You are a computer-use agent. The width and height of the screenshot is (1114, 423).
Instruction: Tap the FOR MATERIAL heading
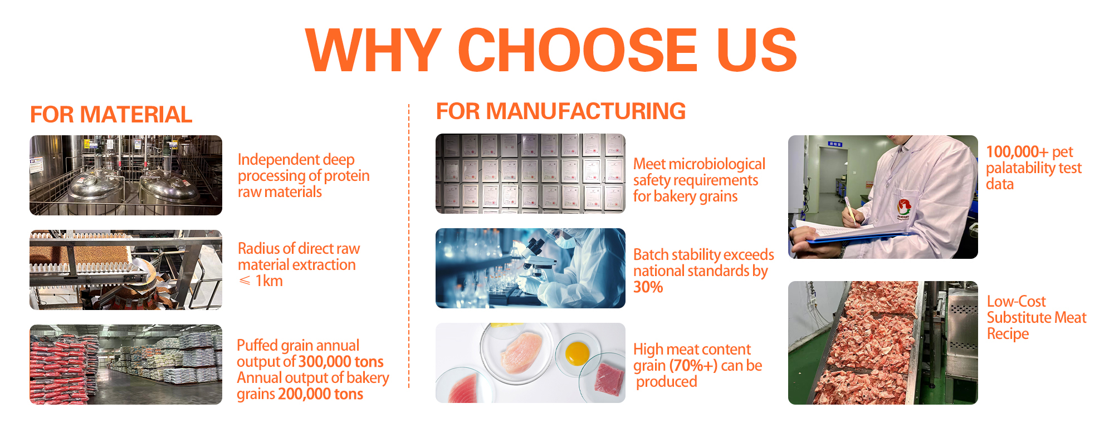[111, 115]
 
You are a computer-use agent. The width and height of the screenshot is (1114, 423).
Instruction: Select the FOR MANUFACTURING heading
[561, 111]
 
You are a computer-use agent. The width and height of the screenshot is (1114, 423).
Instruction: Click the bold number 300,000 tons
[341, 362]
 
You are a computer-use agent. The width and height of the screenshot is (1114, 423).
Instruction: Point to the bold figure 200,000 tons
[321, 394]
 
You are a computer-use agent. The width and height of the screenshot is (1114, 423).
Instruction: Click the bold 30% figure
[648, 287]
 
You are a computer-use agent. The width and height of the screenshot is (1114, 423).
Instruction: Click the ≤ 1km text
[261, 281]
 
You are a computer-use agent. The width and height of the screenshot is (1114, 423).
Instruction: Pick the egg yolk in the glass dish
[577, 353]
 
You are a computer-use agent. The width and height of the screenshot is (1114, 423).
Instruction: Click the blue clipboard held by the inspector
[858, 235]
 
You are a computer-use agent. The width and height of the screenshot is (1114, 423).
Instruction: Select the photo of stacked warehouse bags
[126, 365]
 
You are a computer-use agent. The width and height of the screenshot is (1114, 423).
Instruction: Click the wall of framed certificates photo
[530, 174]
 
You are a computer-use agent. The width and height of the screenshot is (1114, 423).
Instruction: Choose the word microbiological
[717, 164]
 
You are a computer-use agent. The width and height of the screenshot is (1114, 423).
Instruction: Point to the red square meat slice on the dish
[609, 380]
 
